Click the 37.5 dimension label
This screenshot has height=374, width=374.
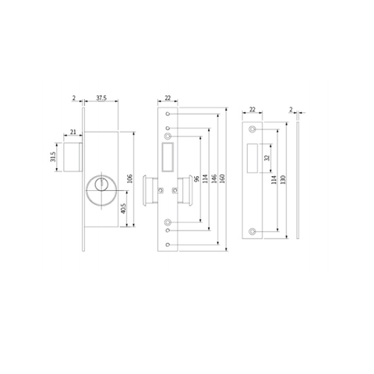[101, 99]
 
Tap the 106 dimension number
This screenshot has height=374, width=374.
[130, 180]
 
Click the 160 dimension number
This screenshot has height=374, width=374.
[224, 180]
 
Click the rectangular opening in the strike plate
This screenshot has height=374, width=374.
[252, 159]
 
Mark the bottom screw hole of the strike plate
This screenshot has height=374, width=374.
[252, 231]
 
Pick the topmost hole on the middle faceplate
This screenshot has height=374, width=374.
[168, 114]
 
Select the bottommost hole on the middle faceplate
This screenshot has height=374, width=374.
[168, 245]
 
